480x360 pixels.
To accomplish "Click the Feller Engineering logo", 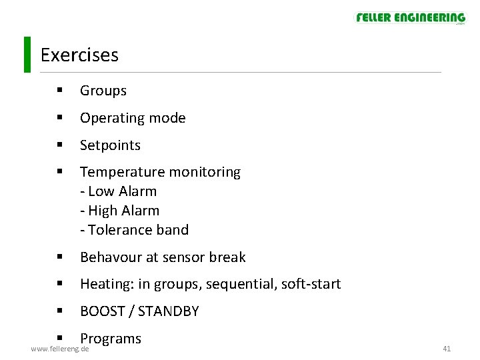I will click(x=410, y=17).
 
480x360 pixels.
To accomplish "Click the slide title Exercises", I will click(x=79, y=55).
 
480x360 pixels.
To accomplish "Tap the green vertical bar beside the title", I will click(x=27, y=54).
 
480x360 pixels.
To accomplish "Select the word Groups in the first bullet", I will click(x=103, y=91).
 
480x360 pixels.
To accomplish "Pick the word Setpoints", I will click(x=110, y=145).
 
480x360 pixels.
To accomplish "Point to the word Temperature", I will click(x=117, y=172).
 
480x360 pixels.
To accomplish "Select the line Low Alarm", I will click(x=119, y=191).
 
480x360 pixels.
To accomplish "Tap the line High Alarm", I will click(x=120, y=211).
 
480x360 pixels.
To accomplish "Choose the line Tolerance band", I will click(x=135, y=230).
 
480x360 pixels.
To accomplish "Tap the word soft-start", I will click(x=311, y=285).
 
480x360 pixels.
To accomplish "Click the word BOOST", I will click(x=102, y=311).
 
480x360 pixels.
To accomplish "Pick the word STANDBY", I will click(x=168, y=311).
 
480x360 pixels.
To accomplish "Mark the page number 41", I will click(x=447, y=349).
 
